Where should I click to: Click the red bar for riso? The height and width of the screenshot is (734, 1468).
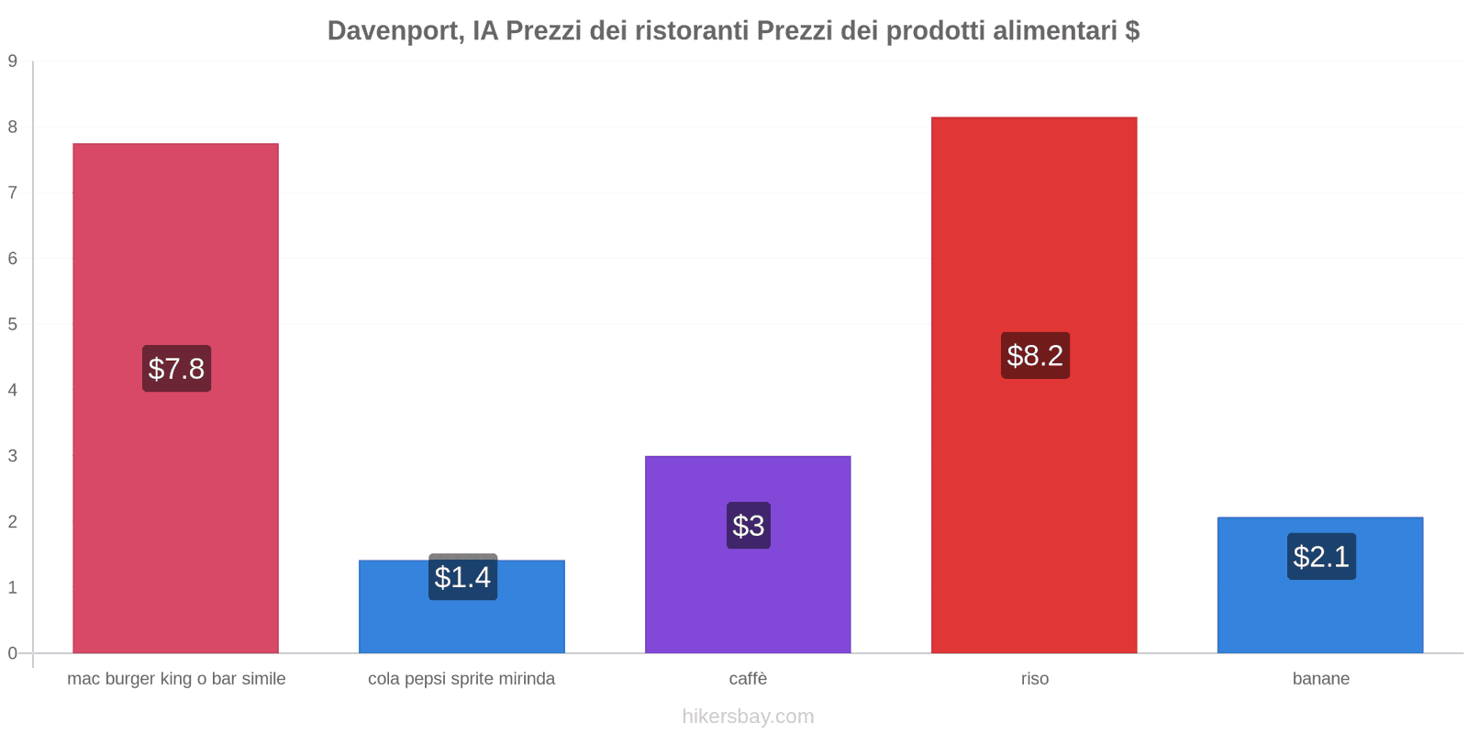[1034, 229]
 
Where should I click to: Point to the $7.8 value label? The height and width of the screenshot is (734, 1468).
[176, 369]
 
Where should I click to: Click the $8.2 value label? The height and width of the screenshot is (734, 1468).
[1035, 355]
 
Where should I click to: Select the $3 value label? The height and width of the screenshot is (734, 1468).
[749, 526]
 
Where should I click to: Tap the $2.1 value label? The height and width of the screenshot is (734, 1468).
[1321, 556]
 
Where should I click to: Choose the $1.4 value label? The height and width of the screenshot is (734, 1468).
[462, 577]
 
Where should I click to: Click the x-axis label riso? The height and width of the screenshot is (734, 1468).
[1035, 679]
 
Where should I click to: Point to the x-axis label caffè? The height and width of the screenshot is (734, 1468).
[748, 679]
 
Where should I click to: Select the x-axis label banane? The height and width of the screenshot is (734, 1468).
[1320, 679]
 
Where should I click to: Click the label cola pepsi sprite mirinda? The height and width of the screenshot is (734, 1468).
[462, 679]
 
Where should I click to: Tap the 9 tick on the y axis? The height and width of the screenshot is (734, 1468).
[13, 61]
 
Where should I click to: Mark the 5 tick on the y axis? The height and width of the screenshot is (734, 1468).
[13, 324]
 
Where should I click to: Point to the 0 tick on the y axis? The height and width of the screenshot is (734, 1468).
[13, 653]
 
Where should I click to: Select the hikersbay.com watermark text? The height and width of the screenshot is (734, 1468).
[748, 717]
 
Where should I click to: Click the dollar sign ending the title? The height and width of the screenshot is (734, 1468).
[1132, 31]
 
